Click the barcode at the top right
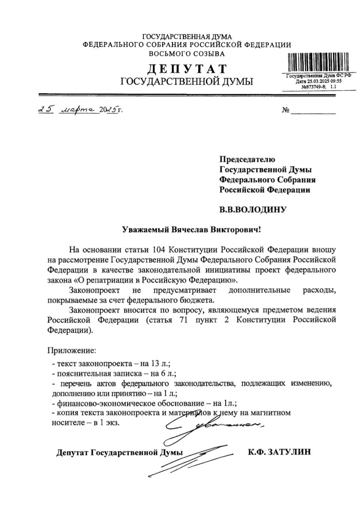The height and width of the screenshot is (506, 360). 319,62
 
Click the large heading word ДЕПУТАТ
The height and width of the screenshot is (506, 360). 187,69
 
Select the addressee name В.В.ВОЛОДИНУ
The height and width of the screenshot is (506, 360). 252,210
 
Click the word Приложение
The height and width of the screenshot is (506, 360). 72,350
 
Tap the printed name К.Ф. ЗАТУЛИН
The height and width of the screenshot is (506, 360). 279,452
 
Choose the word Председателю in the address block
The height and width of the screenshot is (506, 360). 247,159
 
